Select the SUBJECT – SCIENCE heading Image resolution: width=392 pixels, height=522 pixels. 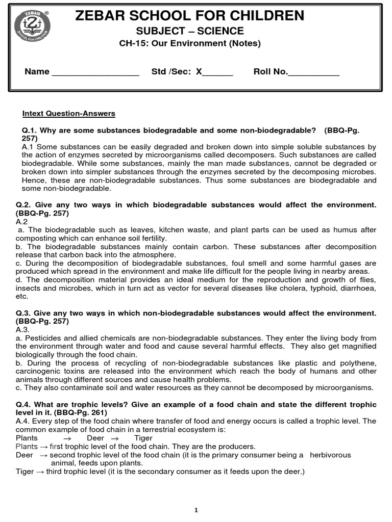point(189,31)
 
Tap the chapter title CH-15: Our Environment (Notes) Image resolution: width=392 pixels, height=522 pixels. point(189,43)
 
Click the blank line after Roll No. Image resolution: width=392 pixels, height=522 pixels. point(313,72)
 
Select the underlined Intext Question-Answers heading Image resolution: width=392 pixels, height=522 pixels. point(69,113)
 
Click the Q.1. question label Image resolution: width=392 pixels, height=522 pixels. point(30,130)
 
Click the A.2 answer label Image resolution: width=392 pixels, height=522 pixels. point(21,222)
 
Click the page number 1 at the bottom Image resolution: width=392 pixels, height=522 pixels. point(196,511)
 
